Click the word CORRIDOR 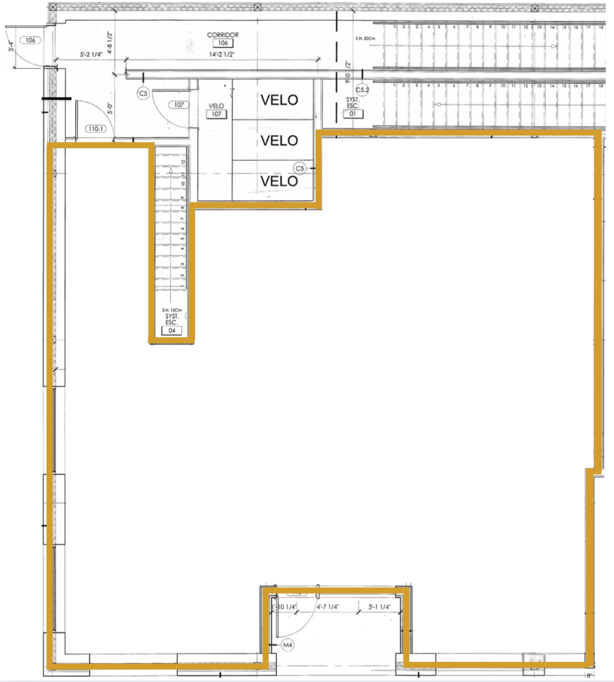point(223,35)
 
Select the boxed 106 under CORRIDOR point(223,43)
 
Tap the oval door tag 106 point(30,40)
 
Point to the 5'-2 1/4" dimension point(91,55)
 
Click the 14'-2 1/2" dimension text point(222,55)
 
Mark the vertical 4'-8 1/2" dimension point(110,42)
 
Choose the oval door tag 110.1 point(95,129)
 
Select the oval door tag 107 point(179,105)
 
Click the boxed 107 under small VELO point(216,114)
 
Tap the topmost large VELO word point(279,100)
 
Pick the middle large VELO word point(279,141)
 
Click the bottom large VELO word point(279,181)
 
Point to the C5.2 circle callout point(362,90)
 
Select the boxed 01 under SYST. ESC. point(353,114)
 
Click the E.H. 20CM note point(365,38)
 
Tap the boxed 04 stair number point(172,330)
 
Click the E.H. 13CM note point(172,310)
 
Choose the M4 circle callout point(287,645)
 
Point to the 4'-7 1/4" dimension point(328,607)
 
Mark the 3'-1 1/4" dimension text point(379,607)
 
